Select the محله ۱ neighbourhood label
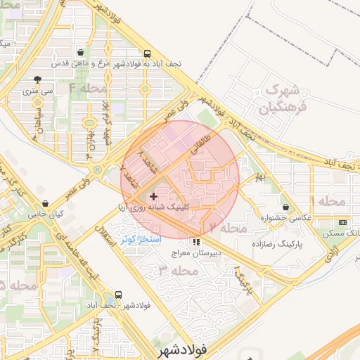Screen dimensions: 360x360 (x=330, y=202)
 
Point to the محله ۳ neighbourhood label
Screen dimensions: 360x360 (x=173, y=271)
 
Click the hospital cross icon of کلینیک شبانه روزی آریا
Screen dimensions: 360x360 (x=155, y=196)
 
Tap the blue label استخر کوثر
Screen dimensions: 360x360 (x=141, y=240)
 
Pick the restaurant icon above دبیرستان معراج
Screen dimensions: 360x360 (x=196, y=242)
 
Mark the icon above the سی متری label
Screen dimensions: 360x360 (x=37, y=79)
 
